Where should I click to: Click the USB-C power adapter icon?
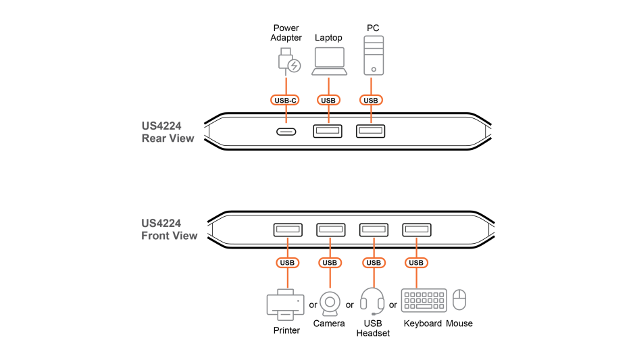tap(288, 61)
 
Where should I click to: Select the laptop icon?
tap(329, 61)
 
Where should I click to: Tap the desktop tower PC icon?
tap(374, 55)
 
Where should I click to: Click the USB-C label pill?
tap(285, 101)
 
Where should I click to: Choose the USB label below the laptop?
tap(328, 101)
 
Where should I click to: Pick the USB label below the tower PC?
tap(370, 101)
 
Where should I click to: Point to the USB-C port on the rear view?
tap(286, 132)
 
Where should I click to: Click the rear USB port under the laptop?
tap(328, 131)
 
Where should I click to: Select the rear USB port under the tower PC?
tap(371, 131)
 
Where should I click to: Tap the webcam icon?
tap(330, 303)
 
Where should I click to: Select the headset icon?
tap(372, 301)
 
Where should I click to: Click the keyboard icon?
tap(424, 301)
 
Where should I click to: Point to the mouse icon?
tap(459, 300)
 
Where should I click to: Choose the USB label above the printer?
tap(287, 263)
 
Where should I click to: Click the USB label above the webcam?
tap(330, 263)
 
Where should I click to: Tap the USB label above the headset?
tap(374, 263)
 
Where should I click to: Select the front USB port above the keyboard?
tap(416, 230)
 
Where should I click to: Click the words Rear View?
tap(168, 138)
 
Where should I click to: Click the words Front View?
tap(169, 236)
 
